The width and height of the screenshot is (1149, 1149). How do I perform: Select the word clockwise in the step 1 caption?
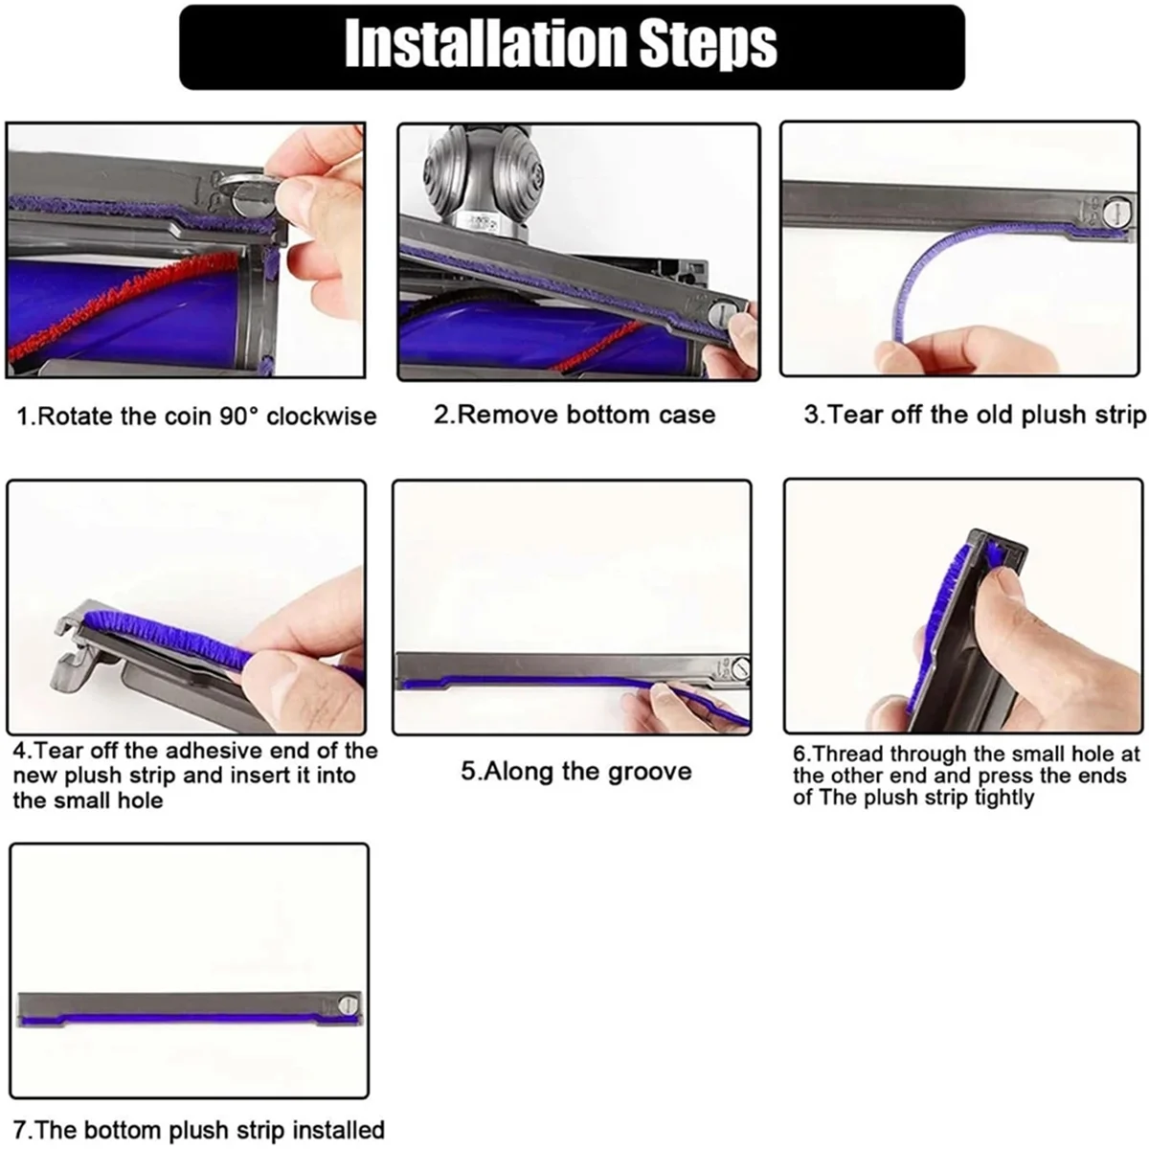point(322,417)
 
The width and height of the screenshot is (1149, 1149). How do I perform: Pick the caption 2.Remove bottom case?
point(574,415)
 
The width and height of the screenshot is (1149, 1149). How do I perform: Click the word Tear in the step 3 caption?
point(851,415)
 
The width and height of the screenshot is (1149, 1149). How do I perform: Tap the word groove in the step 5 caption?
point(648,772)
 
